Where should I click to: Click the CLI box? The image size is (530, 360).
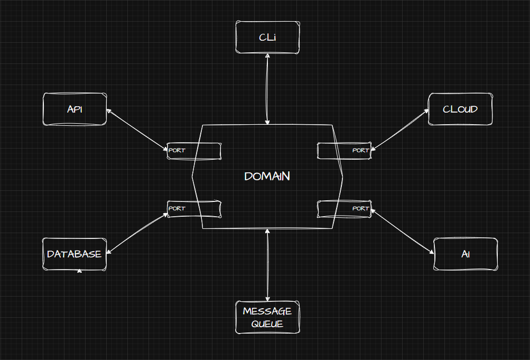[x=267, y=38]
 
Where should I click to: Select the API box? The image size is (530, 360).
[x=75, y=109]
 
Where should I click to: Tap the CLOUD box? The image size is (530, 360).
[x=460, y=109]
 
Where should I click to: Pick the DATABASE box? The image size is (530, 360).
[x=74, y=254]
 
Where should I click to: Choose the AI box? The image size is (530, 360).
[x=466, y=254]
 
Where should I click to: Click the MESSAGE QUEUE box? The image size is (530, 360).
[x=267, y=318]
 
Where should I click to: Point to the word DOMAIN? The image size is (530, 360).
[x=267, y=177]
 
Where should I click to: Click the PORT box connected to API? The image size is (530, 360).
[x=194, y=151]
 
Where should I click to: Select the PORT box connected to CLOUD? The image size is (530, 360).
[x=344, y=151]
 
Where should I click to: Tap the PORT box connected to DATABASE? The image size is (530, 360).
[x=194, y=209]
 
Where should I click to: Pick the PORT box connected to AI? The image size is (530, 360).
[x=344, y=209]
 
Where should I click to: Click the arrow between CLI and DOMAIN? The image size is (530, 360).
[x=268, y=89]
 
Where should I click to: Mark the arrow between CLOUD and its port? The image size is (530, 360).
[x=400, y=130]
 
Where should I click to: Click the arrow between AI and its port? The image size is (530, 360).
[x=403, y=232]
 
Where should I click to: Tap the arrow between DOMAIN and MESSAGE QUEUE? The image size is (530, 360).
[x=268, y=265]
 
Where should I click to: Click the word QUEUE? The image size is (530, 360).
[x=267, y=324]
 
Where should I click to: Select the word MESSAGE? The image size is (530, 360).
[x=267, y=311]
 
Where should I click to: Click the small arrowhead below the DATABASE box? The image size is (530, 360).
[x=79, y=271]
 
